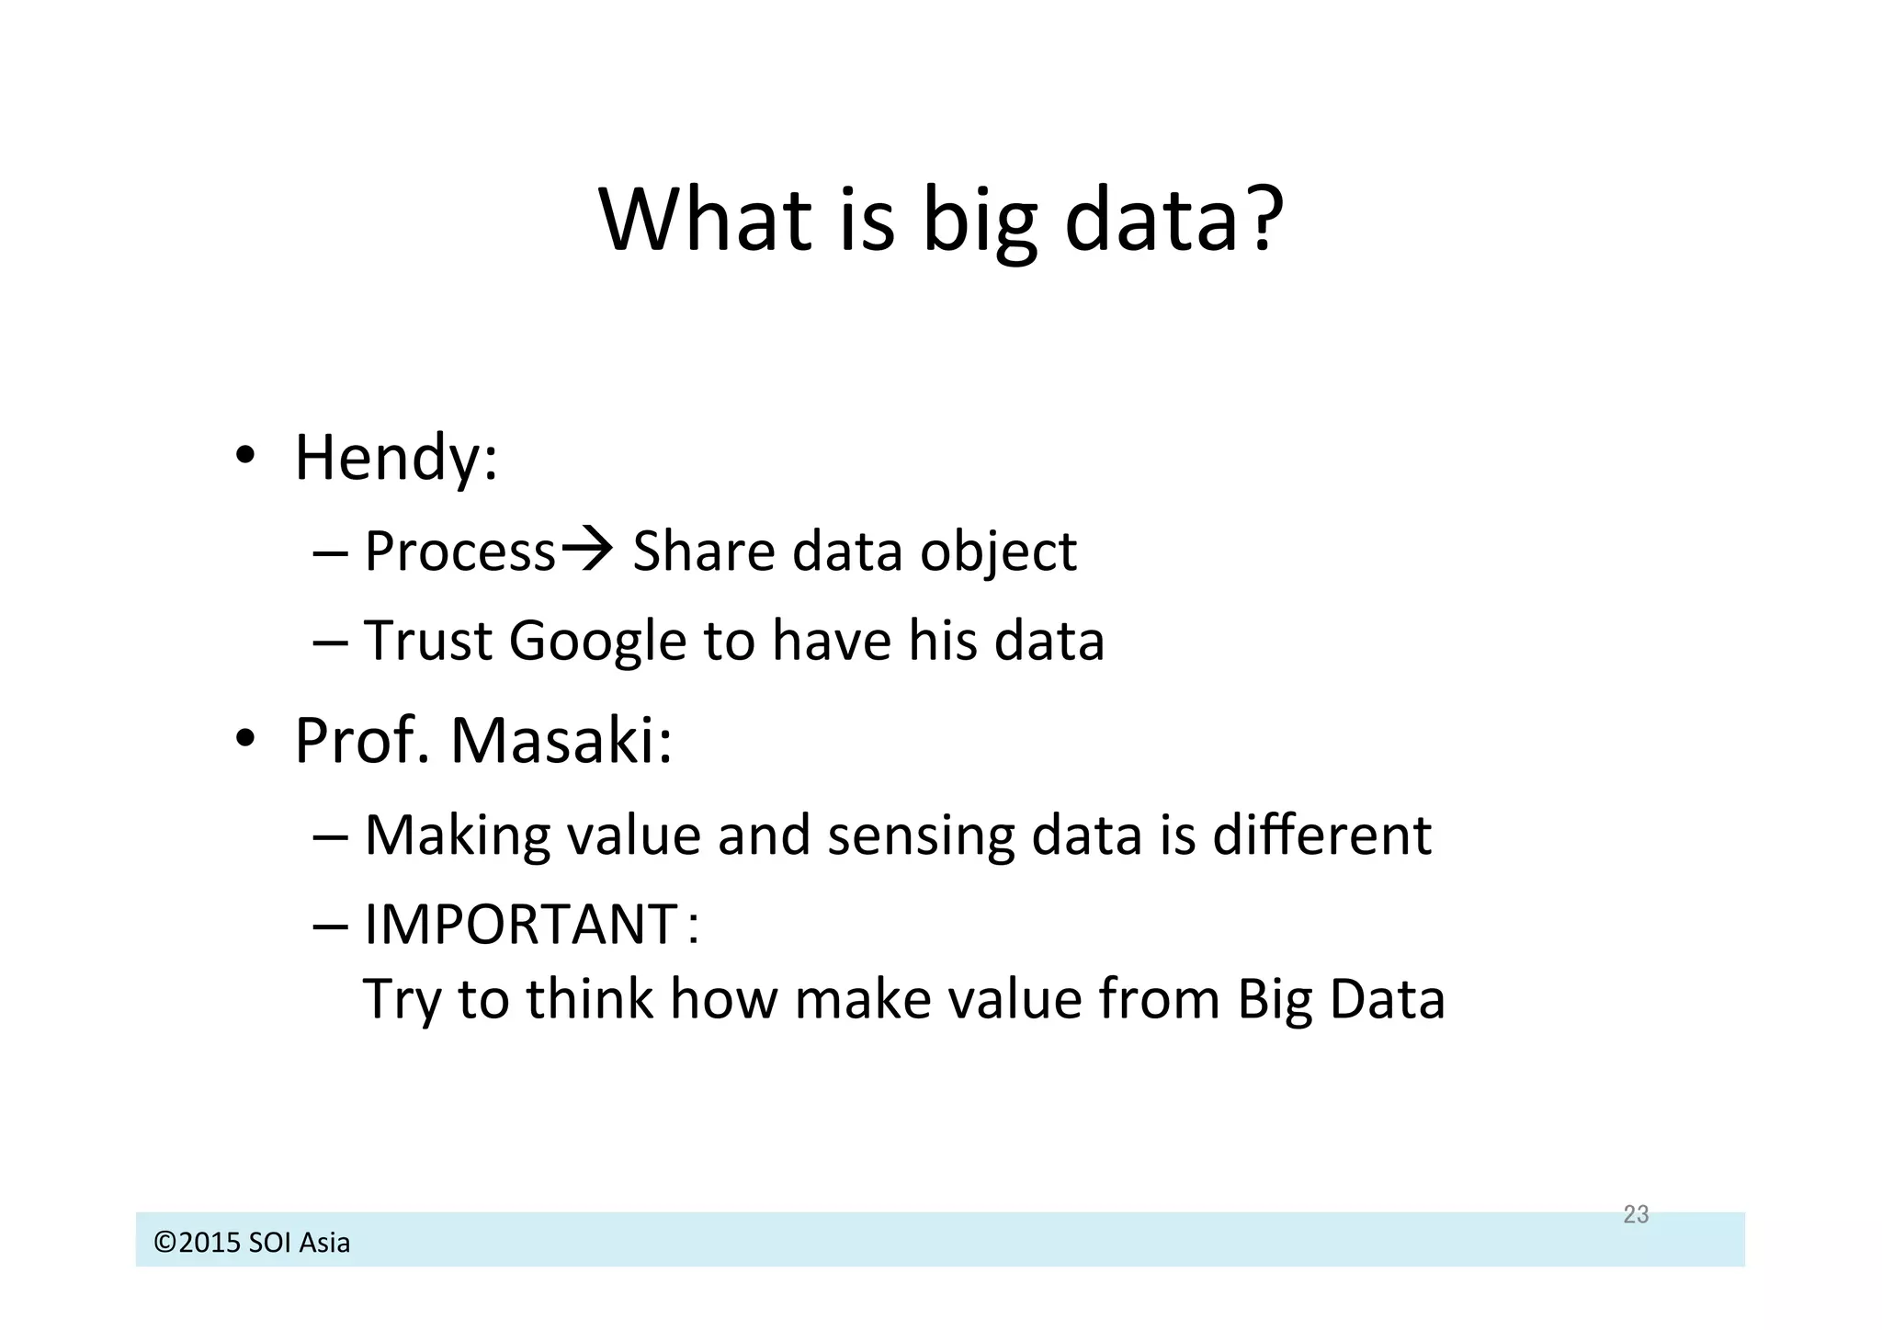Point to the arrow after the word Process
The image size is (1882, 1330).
pyautogui.click(x=587, y=550)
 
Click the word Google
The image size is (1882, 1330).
pyautogui.click(x=597, y=642)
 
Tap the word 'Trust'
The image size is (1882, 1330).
pyautogui.click(x=428, y=640)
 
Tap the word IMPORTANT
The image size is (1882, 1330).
pyautogui.click(x=521, y=924)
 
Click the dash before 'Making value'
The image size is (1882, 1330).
pyautogui.click(x=330, y=836)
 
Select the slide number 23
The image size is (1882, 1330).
pyautogui.click(x=1636, y=1214)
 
